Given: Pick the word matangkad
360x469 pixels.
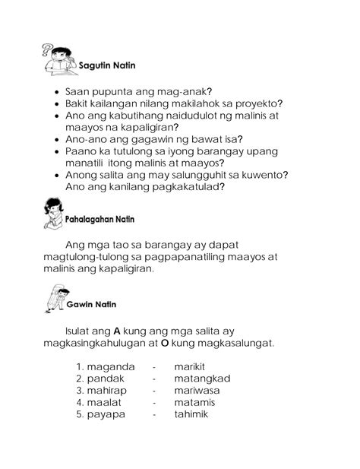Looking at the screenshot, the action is tap(201, 378).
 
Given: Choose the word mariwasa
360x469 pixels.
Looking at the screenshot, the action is tap(197, 390).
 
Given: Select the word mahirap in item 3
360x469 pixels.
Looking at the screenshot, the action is tap(109, 390).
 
